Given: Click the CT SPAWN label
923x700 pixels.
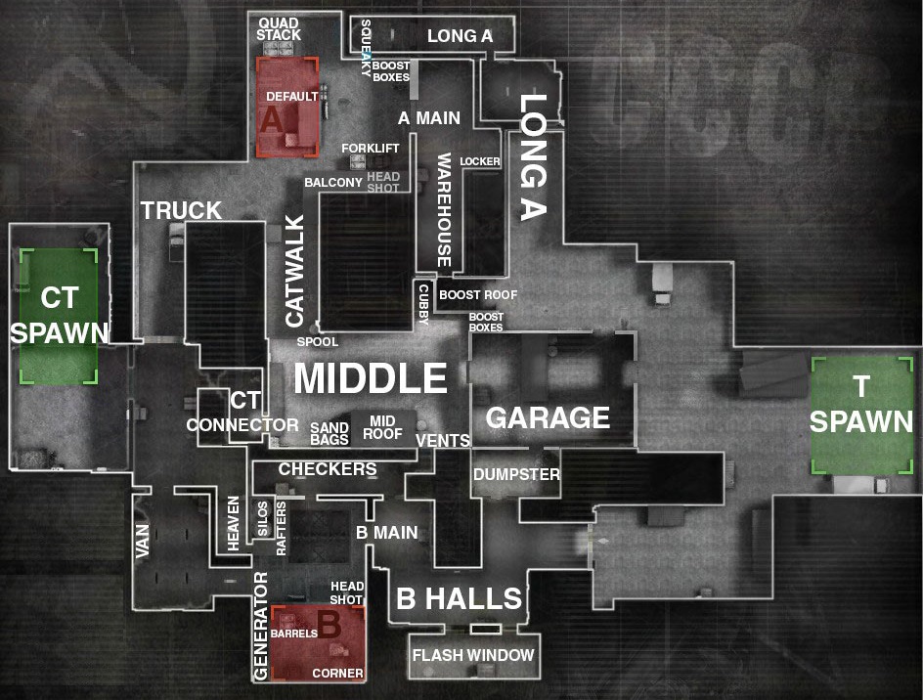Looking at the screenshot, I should [59, 314].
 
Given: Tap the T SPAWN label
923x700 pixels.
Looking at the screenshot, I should [860, 405].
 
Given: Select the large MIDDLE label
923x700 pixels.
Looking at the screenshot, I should [371, 378].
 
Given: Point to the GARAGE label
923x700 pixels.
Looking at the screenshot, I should [548, 418].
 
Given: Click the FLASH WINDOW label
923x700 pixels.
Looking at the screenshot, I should [473, 655].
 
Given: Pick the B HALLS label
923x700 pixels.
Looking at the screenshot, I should [459, 599].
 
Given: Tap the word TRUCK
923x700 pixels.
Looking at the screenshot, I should [181, 211].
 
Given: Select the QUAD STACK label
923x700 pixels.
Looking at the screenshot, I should [279, 28].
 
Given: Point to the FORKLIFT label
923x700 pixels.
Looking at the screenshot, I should [371, 149].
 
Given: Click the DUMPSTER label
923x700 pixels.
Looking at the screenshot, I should [516, 475].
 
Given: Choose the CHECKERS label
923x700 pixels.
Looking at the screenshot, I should [328, 469].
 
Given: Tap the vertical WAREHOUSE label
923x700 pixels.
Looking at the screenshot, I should [444, 209].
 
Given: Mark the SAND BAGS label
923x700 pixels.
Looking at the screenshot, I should [330, 433].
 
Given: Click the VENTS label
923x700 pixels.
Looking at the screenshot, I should [443, 441].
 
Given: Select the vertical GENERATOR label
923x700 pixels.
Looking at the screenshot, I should [261, 626].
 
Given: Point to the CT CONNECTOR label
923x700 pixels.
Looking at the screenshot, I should [242, 414].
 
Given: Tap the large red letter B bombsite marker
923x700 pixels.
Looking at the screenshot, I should [329, 626].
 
